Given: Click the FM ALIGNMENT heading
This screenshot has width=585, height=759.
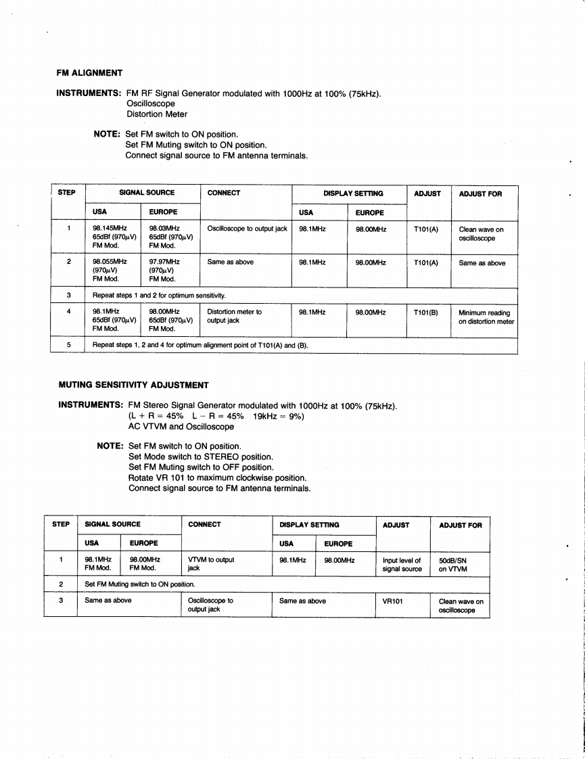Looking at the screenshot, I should pos(89,73).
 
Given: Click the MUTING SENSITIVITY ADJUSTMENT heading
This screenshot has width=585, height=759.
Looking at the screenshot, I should pos(134,386).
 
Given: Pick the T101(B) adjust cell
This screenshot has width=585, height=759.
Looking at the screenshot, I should pos(425,313).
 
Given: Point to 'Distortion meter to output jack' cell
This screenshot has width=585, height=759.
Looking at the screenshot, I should pos(235,317).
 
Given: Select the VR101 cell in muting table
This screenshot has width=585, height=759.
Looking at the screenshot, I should pos(393,601).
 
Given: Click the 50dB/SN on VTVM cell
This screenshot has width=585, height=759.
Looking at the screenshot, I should pos(453,564).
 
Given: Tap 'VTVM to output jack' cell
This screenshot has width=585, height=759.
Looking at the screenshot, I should pos(211,564).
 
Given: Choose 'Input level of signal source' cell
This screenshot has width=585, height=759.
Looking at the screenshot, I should pos(402,564).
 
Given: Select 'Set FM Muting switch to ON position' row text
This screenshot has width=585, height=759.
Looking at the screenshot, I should pos(140,584).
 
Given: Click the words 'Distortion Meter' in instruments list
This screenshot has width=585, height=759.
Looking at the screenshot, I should pos(157,114).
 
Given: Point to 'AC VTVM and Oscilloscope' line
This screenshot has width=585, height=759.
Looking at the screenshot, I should pos(181,427).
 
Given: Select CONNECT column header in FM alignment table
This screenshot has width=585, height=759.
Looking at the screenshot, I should pos(224,193).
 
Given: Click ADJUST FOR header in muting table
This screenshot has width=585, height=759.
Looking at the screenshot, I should pos(460,525).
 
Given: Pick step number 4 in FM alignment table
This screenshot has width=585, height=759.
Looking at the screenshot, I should pos(69,313).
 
